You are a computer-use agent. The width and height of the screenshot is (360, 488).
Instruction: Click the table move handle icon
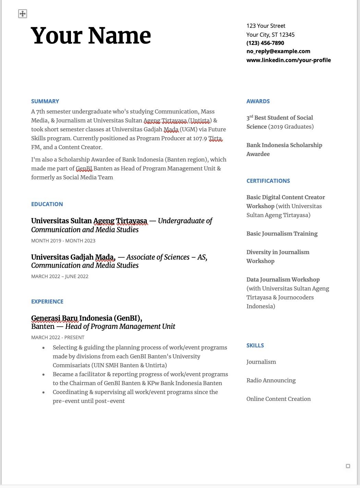[x=23, y=14]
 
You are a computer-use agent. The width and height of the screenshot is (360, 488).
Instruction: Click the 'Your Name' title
[x=91, y=36]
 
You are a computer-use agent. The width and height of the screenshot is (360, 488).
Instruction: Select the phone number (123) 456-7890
[x=265, y=43]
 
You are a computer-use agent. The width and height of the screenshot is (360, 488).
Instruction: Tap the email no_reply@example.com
[x=278, y=51]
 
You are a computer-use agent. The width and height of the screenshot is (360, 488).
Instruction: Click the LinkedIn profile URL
[x=288, y=60]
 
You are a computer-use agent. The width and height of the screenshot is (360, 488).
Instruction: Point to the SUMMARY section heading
[x=45, y=101]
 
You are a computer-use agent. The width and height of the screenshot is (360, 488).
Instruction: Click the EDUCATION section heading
[x=47, y=204]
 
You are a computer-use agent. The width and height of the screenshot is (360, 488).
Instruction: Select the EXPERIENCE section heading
[x=47, y=301]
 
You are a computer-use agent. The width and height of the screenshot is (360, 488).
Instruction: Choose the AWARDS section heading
[x=258, y=101]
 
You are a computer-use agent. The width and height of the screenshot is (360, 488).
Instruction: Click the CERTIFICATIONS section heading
[x=268, y=181]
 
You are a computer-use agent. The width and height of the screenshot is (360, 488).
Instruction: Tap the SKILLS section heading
[x=255, y=345]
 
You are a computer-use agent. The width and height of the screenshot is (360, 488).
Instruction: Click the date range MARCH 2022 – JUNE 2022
[x=60, y=276]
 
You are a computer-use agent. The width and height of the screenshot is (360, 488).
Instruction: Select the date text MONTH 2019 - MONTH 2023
[x=63, y=241]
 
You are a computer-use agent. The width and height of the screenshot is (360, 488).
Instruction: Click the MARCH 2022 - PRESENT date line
[x=58, y=337]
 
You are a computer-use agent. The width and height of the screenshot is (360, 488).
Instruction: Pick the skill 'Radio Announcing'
[x=271, y=380]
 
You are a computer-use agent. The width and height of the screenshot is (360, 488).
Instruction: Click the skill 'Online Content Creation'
[x=278, y=399]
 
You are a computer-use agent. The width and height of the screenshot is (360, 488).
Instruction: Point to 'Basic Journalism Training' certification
[x=282, y=234]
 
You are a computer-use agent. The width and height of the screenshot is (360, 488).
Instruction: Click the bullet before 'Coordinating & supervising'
[x=44, y=392]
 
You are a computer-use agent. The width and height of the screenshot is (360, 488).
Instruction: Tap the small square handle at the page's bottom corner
[x=348, y=466]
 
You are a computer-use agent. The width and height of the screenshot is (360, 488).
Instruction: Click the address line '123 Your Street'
[x=266, y=26]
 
